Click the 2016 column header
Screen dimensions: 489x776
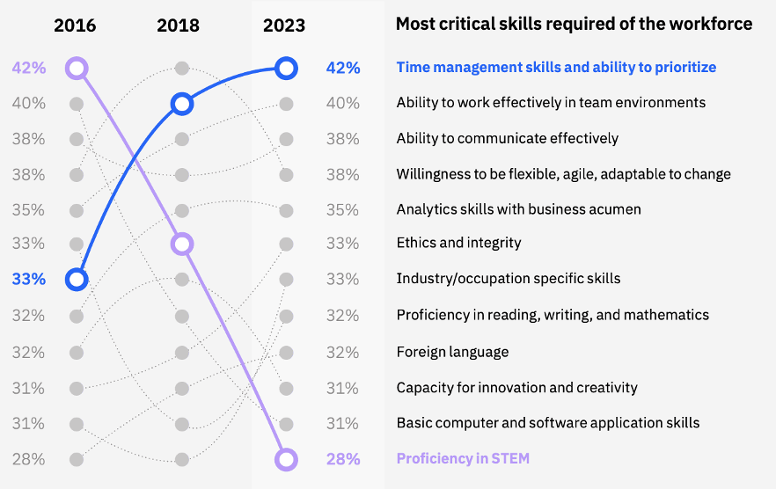pyautogui.click(x=75, y=25)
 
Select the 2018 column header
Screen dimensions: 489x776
pyautogui.click(x=179, y=25)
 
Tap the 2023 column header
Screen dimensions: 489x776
pyautogui.click(x=284, y=25)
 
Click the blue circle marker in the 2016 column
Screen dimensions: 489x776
pyautogui.click(x=77, y=280)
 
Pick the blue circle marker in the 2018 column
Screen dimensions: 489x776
pyautogui.click(x=181, y=104)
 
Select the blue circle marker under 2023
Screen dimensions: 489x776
pyautogui.click(x=286, y=68)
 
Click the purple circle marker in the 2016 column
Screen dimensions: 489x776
pyautogui.click(x=77, y=68)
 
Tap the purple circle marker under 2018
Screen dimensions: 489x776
pyautogui.click(x=181, y=244)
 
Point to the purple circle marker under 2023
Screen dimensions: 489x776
pyautogui.click(x=286, y=459)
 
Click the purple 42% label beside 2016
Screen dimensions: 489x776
pyautogui.click(x=29, y=68)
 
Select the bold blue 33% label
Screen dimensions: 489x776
pyautogui.click(x=29, y=280)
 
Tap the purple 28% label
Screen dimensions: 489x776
pyautogui.click(x=342, y=459)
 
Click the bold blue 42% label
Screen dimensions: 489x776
pyautogui.click(x=342, y=68)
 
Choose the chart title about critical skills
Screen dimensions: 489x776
pyautogui.click(x=574, y=24)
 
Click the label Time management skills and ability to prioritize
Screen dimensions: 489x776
pyautogui.click(x=556, y=67)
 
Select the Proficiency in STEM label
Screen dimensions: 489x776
pyautogui.click(x=463, y=458)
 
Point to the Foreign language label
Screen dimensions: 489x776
pyautogui.click(x=452, y=352)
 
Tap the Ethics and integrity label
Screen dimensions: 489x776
pyautogui.click(x=458, y=243)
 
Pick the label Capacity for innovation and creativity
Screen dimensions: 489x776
pyautogui.click(x=516, y=388)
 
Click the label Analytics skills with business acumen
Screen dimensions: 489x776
pyautogui.click(x=518, y=209)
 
